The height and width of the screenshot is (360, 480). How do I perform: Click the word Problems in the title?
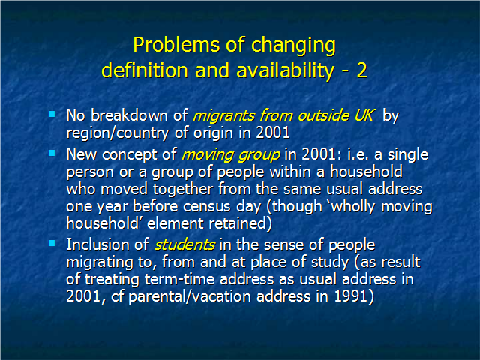(x=176, y=45)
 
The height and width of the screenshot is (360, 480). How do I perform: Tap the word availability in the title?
(x=285, y=71)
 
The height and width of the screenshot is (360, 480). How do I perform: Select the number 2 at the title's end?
(x=361, y=70)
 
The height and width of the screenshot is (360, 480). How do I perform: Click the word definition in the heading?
(x=145, y=70)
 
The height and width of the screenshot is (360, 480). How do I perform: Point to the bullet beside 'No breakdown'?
(x=52, y=114)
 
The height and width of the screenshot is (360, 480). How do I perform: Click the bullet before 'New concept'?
(x=52, y=153)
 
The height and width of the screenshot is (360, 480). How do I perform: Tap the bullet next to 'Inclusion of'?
(x=52, y=243)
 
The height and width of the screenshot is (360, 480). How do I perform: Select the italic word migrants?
(x=224, y=116)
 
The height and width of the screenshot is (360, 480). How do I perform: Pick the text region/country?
(x=118, y=133)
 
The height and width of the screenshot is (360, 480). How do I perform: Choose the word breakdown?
(x=130, y=115)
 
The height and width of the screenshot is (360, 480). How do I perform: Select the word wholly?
(x=353, y=207)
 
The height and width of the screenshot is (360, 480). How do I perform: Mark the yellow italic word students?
(x=184, y=245)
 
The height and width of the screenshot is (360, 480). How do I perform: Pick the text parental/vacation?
(x=189, y=297)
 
